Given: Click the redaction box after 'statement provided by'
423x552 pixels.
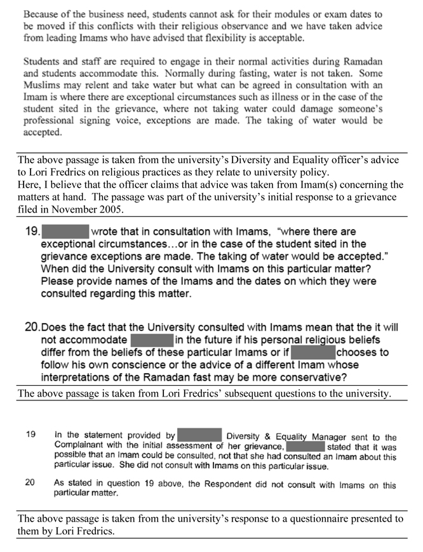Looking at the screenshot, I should point(199,436).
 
